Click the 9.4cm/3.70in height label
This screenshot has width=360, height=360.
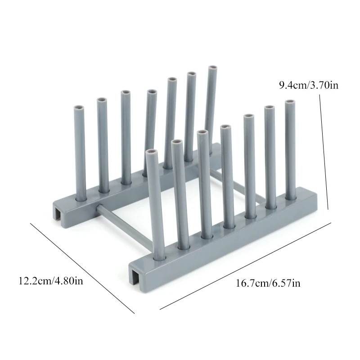[309, 85]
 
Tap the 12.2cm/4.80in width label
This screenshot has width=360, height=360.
[51, 280]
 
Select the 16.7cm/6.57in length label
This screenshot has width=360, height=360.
[268, 283]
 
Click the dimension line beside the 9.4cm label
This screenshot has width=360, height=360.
[324, 152]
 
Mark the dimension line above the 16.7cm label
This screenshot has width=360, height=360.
[245, 265]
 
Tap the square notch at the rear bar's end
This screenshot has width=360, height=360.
[59, 213]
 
